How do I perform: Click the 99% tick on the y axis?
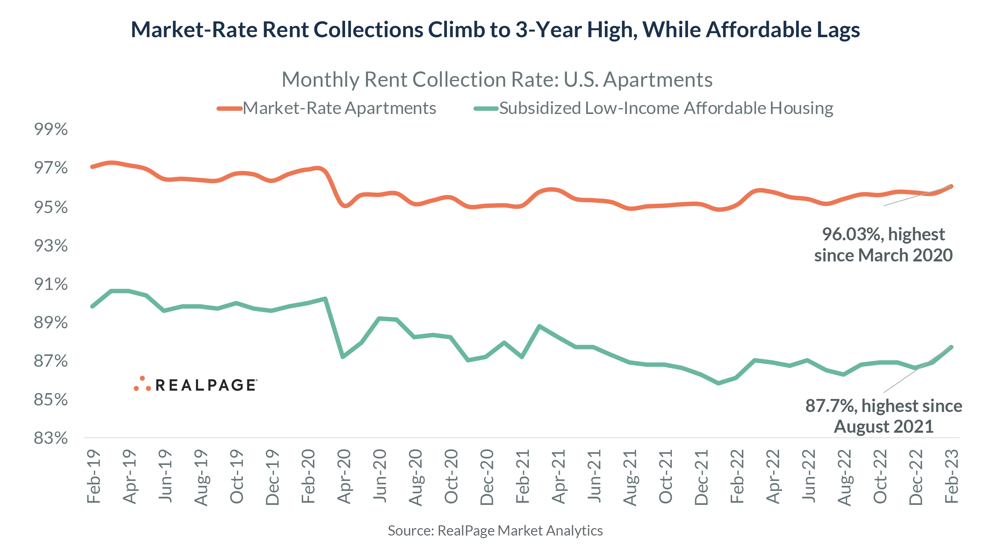coord(51,129)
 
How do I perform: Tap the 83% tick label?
coord(51,438)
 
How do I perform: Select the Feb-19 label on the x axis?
coord(93,476)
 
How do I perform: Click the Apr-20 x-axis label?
coord(344,476)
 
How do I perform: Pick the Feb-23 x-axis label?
coord(951,476)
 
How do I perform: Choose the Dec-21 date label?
coord(701,477)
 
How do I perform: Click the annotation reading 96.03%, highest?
coord(883,234)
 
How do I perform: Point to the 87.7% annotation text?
coord(883,406)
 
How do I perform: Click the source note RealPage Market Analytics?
coord(495,531)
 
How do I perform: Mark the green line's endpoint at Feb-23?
coord(951,347)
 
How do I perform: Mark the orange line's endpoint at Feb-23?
coord(951,186)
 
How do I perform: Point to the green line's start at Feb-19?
coord(92,306)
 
